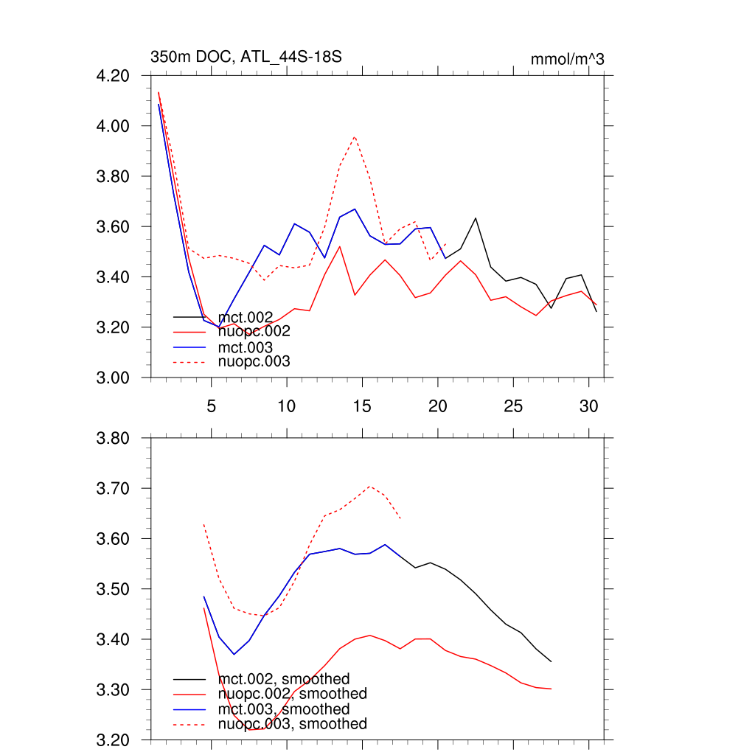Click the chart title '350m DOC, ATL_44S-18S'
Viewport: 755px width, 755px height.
[x=246, y=57]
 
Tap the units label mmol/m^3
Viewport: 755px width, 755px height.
[x=567, y=59]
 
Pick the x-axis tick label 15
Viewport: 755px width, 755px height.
[x=362, y=406]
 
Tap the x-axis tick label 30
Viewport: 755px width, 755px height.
[x=588, y=406]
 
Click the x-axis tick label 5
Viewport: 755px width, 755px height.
[x=212, y=406]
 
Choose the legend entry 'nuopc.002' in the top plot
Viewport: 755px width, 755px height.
[x=254, y=332]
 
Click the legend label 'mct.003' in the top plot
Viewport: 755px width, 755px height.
[x=246, y=347]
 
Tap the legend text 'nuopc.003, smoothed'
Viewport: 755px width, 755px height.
[x=292, y=724]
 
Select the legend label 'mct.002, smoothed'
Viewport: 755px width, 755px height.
[x=284, y=678]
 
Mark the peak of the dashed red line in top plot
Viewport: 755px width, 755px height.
[x=355, y=136]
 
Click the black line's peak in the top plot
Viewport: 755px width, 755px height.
[x=476, y=218]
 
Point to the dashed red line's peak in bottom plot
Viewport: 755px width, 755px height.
[x=370, y=487]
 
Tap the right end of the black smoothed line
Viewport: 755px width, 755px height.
[x=551, y=661]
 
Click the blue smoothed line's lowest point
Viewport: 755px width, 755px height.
[x=234, y=654]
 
